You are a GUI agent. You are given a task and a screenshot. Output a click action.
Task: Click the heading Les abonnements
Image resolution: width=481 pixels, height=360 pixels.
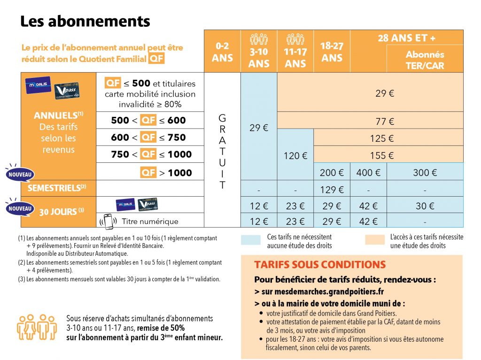(x=85, y=21)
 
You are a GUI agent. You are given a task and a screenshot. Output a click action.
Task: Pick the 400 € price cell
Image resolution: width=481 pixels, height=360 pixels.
(x=368, y=173)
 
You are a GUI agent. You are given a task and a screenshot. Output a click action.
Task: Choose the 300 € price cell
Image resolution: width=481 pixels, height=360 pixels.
(x=425, y=173)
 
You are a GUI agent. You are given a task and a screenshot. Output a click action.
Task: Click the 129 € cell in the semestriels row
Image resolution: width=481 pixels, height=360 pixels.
(x=332, y=190)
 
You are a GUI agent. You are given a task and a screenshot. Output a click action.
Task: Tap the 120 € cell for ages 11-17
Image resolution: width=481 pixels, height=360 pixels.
(x=295, y=155)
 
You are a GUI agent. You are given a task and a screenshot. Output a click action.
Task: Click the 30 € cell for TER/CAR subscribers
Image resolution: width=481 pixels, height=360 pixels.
(x=425, y=206)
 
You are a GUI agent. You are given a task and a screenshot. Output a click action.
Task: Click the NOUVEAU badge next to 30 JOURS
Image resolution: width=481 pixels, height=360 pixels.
(x=19, y=208)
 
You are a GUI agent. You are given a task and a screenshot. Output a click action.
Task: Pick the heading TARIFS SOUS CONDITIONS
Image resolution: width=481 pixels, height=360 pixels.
(x=319, y=265)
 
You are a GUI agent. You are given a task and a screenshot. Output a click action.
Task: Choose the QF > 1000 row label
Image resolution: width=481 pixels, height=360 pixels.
(x=166, y=173)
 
